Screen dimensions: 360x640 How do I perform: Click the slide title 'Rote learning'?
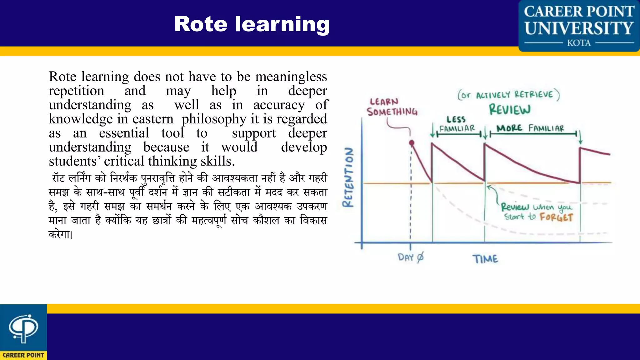[252, 24]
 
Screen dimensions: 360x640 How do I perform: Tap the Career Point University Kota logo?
[579, 26]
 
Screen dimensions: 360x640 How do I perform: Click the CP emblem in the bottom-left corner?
[23, 328]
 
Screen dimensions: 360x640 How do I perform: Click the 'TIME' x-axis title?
[485, 259]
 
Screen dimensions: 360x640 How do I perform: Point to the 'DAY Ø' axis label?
[411, 257]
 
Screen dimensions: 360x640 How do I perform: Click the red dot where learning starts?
[412, 143]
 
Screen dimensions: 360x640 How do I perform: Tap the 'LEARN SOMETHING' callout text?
[392, 107]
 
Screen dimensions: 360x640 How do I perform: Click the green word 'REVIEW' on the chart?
[510, 110]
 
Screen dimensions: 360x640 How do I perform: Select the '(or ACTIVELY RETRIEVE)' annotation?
[508, 95]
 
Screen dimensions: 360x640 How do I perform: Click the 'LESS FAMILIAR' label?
[457, 124]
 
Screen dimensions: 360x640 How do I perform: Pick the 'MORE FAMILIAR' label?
[530, 128]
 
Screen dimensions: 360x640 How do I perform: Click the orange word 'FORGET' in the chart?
[556, 217]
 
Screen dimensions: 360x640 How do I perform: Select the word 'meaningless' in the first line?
[291, 77]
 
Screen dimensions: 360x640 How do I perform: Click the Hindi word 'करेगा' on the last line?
[60, 234]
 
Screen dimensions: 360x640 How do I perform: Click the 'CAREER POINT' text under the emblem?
[23, 355]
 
